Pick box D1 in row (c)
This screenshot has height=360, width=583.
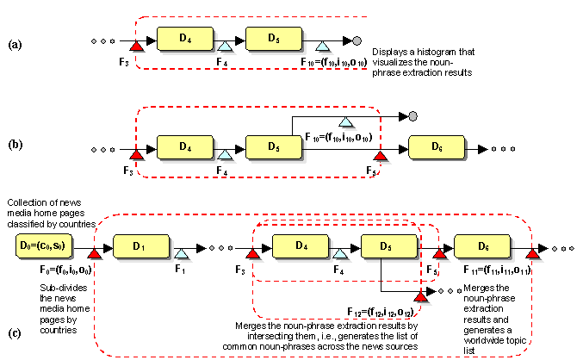click(138, 247)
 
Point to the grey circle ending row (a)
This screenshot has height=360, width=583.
click(357, 40)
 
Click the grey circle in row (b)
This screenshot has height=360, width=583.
click(413, 115)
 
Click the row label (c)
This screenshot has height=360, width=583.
click(15, 333)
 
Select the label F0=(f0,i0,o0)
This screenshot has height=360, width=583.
click(64, 270)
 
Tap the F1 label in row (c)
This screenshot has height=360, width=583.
click(180, 270)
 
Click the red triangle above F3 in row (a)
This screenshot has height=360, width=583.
click(135, 42)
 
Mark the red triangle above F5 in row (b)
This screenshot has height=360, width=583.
click(379, 154)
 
